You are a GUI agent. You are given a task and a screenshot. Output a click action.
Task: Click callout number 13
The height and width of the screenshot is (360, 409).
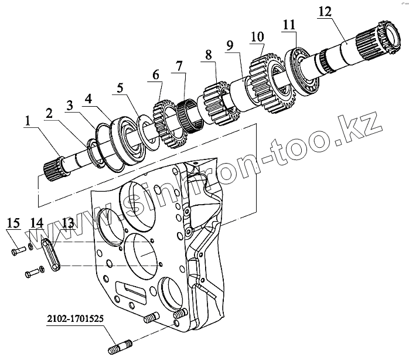pyautogui.click(x=68, y=223)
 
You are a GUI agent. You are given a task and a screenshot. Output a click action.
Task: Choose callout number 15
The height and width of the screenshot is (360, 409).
pyautogui.click(x=13, y=223)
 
